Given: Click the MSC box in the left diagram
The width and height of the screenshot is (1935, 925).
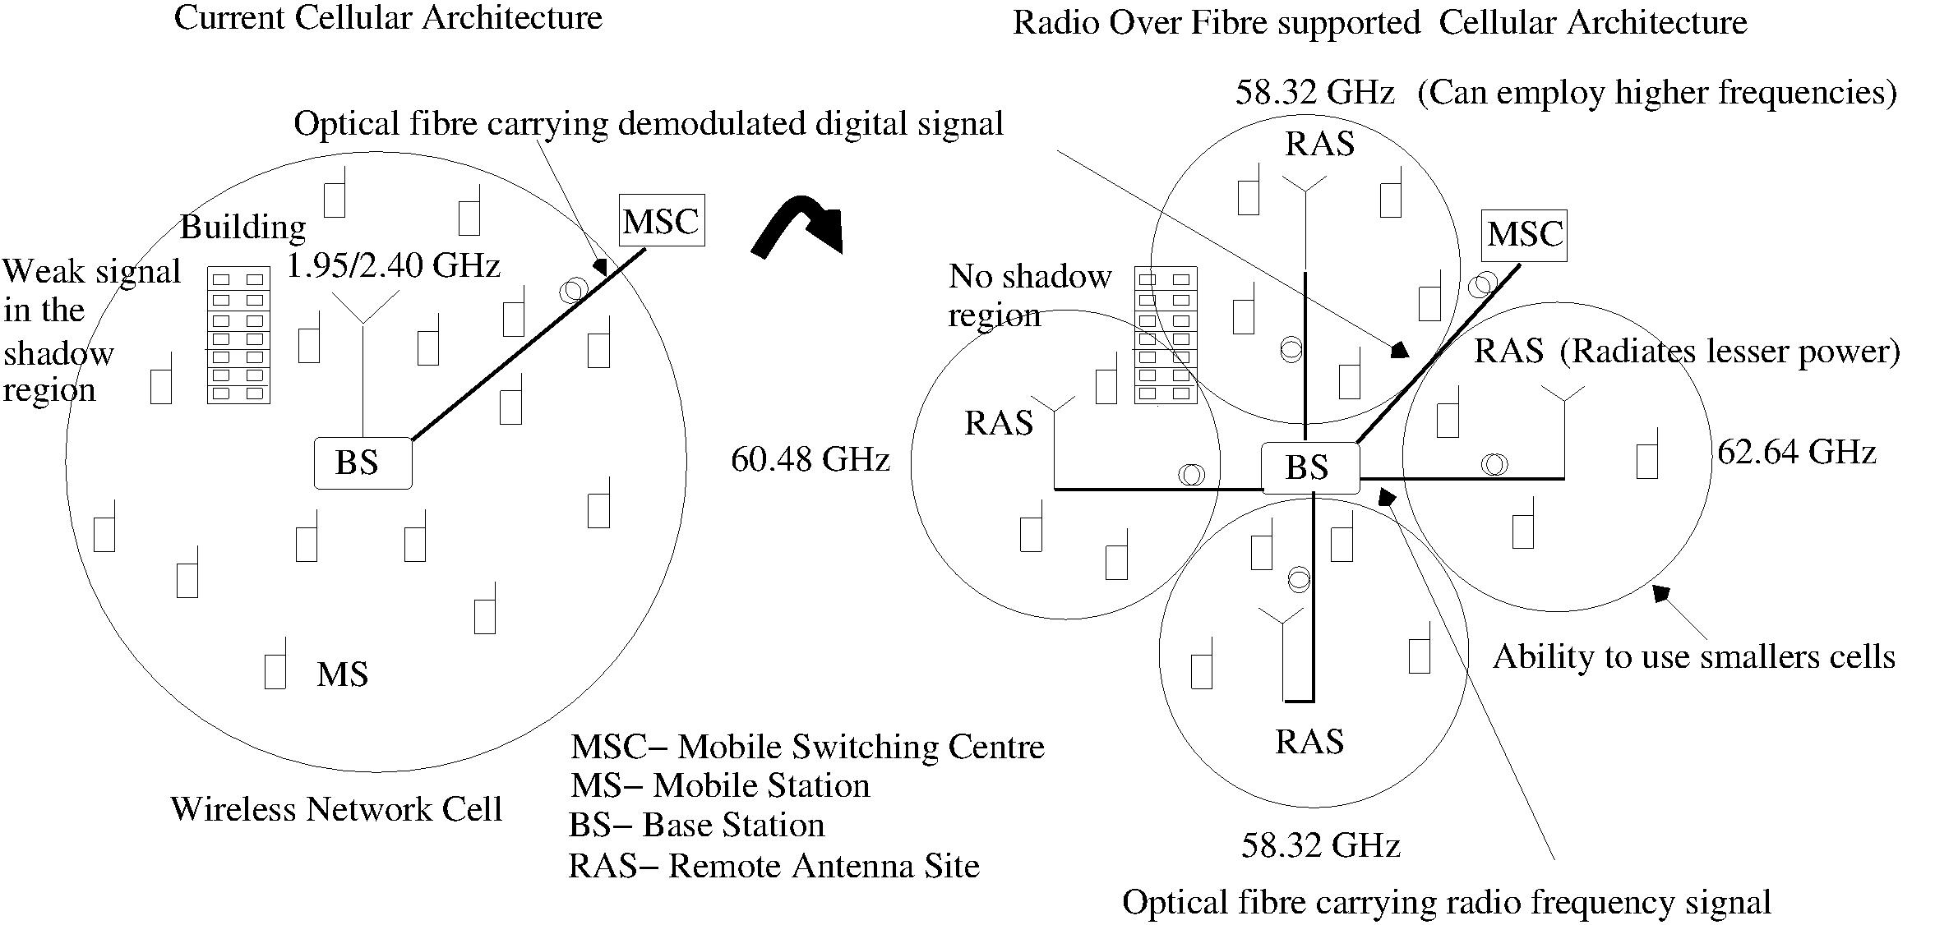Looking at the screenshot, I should pyautogui.click(x=661, y=220).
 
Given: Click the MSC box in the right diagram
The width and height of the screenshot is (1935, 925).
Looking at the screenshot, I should pyautogui.click(x=1525, y=235).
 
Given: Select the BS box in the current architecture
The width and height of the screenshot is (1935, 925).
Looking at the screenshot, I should pyautogui.click(x=363, y=463).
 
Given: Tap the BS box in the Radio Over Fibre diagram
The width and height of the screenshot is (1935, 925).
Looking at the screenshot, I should pyautogui.click(x=1309, y=467).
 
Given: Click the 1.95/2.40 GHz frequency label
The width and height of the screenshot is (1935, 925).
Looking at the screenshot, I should pyautogui.click(x=394, y=266).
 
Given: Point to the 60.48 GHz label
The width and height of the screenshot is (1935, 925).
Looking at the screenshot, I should pyautogui.click(x=810, y=459).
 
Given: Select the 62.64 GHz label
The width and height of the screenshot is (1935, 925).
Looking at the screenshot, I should pyautogui.click(x=1797, y=453).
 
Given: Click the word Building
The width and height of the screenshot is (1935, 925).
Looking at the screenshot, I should pyautogui.click(x=242, y=227).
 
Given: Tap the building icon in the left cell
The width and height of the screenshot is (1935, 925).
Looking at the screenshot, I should pyautogui.click(x=238, y=334).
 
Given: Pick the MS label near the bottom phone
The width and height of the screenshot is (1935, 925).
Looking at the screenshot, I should pyautogui.click(x=342, y=674).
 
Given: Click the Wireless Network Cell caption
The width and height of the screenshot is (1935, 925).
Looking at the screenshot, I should pyautogui.click(x=336, y=809).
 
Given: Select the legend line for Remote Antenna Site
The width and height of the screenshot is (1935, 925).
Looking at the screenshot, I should pyautogui.click(x=774, y=866).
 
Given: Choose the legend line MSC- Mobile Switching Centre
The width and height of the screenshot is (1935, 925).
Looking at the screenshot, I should pyautogui.click(x=807, y=747).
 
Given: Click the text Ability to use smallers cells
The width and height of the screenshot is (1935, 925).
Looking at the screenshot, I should pyautogui.click(x=1693, y=657).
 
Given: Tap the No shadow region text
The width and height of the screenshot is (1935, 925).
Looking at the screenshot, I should pyautogui.click(x=1029, y=296).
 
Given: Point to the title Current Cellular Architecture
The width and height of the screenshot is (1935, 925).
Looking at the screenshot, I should pyautogui.click(x=388, y=18).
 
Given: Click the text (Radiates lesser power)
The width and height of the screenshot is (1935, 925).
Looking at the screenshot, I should pyautogui.click(x=1729, y=352).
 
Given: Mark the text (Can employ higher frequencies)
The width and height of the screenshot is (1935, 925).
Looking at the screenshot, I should pyautogui.click(x=1656, y=93).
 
